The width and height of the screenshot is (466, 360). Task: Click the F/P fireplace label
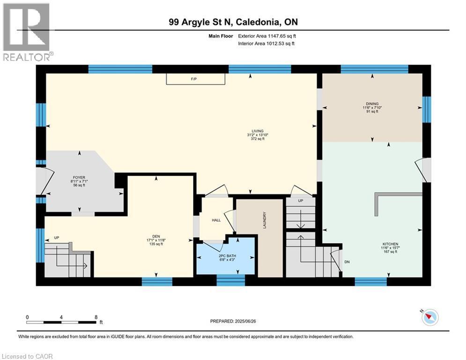click(193, 79)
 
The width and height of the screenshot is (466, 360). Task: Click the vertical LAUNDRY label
click(265, 220)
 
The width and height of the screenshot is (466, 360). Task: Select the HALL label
click(216, 220)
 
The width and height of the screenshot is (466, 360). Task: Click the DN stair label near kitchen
click(347, 262)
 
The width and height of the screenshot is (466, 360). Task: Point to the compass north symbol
click(429, 317)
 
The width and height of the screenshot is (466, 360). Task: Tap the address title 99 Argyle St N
click(233, 22)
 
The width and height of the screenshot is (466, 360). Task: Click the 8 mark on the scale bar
click(96, 317)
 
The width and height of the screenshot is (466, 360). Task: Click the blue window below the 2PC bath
click(230, 281)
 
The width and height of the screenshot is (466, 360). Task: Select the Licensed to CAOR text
click(28, 356)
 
